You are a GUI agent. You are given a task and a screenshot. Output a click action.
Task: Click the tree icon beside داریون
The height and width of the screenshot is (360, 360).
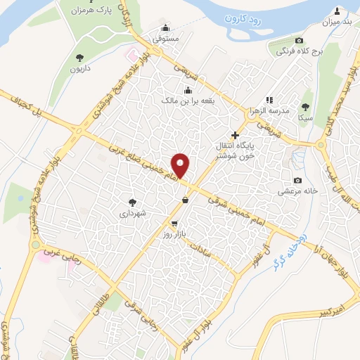coord(79,58)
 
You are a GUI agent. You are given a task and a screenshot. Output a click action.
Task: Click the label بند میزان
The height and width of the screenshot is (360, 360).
coord(337,22)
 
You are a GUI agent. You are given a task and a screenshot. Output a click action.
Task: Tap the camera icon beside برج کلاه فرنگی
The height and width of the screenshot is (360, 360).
coord(299,41)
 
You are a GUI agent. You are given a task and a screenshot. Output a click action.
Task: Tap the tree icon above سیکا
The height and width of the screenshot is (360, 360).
coord(304,107)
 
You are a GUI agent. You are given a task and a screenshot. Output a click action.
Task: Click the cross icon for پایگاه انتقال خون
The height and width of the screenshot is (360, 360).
coord(236,135)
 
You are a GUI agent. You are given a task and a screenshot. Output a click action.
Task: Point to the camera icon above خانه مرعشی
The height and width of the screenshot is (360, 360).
coord(297,180)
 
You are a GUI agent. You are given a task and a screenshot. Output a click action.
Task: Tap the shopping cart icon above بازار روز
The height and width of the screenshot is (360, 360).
coord(184,223)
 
